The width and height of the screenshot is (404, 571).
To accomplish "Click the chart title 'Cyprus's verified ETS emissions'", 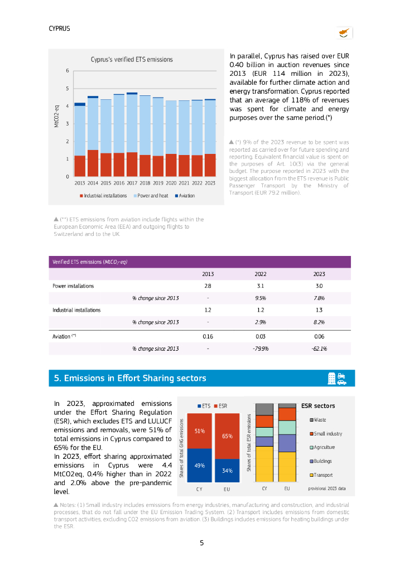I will click(x=132, y=60).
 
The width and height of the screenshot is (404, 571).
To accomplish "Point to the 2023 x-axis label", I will click(x=210, y=182).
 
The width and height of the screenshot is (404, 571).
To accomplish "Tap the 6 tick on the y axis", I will click(x=68, y=71).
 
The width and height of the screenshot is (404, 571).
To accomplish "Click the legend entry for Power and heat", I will click(x=150, y=196).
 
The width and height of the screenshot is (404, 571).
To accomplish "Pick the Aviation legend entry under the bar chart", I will click(x=185, y=196).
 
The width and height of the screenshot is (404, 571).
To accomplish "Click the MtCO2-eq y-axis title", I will click(x=57, y=115).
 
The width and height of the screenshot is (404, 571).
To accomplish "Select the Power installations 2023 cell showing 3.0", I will click(x=319, y=286).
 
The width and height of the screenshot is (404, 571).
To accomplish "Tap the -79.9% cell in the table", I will click(x=260, y=349).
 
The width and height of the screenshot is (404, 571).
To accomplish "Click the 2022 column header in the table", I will click(x=260, y=274).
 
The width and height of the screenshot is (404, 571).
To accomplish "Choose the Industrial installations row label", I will click(x=76, y=310).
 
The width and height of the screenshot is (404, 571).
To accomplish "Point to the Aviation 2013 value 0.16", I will click(x=208, y=337).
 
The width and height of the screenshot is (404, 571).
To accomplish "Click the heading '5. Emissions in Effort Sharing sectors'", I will click(x=130, y=378).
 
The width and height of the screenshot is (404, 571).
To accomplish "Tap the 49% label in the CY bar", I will click(x=199, y=465).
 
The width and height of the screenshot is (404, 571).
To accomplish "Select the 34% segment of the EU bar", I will click(x=227, y=471).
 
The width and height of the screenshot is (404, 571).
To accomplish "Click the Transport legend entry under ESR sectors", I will click(x=323, y=475).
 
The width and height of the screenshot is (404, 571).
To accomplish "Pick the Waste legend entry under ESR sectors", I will click(x=320, y=420).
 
